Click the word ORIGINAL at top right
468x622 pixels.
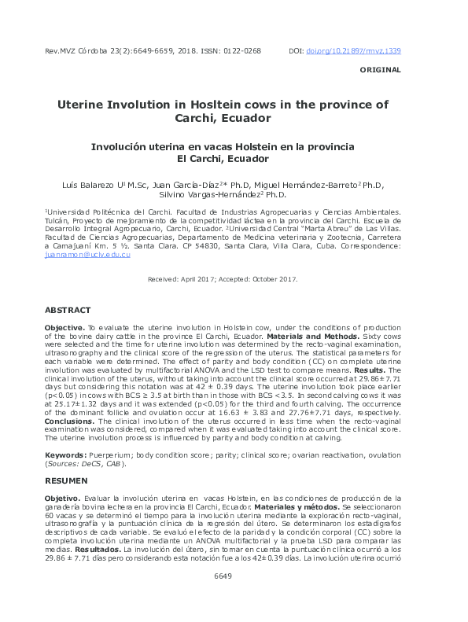pyautogui.click(x=380, y=70)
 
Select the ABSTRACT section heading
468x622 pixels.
pyautogui.click(x=68, y=311)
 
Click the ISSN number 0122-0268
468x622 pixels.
pyautogui.click(x=240, y=51)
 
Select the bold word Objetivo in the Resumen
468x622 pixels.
pyautogui.click(x=62, y=498)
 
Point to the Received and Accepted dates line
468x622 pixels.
pyautogui.click(x=223, y=280)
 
